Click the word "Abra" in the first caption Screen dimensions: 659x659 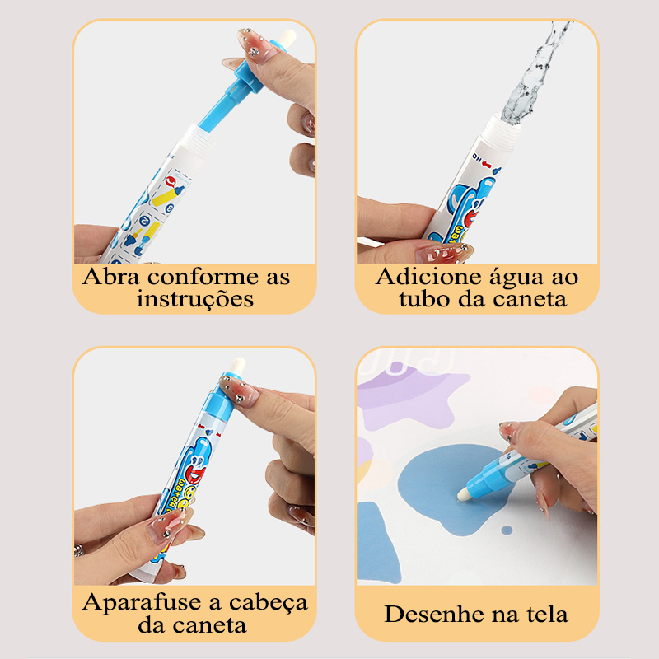coord(111,277)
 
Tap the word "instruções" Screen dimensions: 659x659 coord(195,299)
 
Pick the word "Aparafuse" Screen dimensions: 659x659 coord(142,603)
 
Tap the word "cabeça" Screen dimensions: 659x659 coord(269,604)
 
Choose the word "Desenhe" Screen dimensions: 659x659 coord(434,614)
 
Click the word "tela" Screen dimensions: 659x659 coord(544,614)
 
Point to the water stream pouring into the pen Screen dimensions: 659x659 coord(533,72)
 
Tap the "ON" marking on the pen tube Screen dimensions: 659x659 coord(477,158)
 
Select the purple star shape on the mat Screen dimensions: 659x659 coord(409,400)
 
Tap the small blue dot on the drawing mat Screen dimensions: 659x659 coord(507,530)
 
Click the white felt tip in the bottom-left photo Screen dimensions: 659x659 coord(238,364)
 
